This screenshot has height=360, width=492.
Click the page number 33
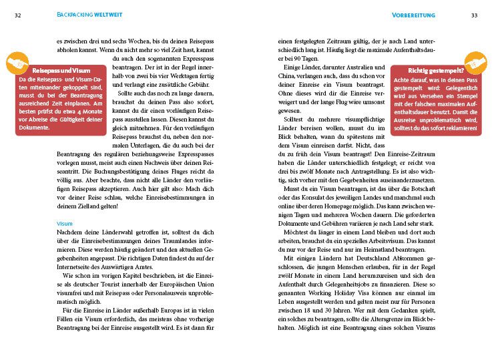point(474,15)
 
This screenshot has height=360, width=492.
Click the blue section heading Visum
point(65,223)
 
